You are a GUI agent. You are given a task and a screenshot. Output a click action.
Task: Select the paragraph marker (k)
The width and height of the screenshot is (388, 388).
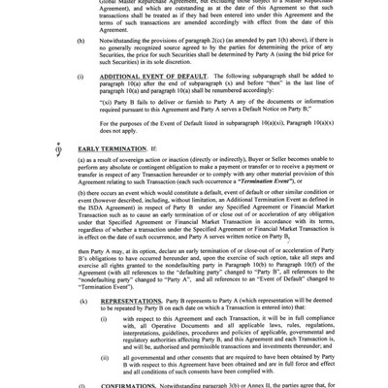coord(80,300)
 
